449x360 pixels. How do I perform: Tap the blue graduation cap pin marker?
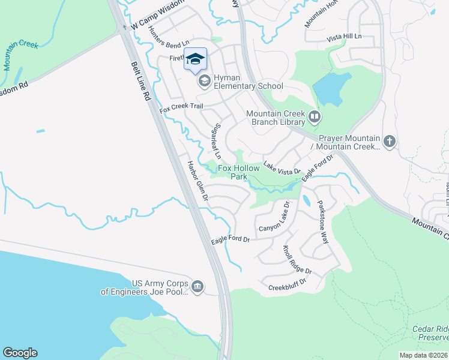194,59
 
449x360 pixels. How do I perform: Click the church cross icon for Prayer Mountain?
390,142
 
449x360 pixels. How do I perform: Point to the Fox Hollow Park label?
240,173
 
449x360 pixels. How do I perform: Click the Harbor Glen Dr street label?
197,181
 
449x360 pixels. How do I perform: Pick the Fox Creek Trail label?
181,107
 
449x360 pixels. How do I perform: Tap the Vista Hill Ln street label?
345,37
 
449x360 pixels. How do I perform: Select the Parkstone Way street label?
323,221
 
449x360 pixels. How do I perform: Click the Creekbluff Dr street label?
288,281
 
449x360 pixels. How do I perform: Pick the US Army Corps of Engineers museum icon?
198,285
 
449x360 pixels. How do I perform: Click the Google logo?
20,353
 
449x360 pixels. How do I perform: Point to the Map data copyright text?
424,355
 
